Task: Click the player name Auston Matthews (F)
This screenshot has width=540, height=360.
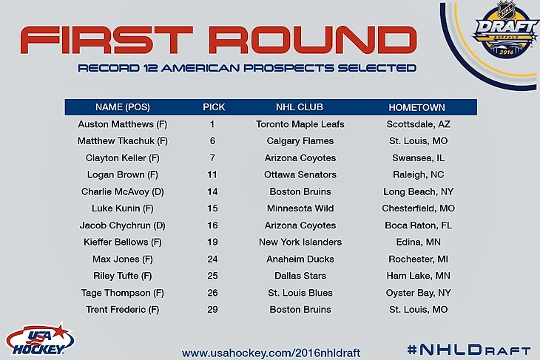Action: point(123,124)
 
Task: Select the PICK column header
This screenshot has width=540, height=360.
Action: point(214,107)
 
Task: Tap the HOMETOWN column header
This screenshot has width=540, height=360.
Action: point(416,107)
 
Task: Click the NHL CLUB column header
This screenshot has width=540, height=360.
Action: point(300,107)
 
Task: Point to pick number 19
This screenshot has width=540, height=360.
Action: point(212,242)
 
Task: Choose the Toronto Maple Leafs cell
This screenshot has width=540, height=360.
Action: point(300,124)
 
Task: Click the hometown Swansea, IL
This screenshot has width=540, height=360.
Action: point(418,158)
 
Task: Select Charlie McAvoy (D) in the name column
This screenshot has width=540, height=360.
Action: point(123,191)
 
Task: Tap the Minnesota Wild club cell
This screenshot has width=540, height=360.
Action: point(300,208)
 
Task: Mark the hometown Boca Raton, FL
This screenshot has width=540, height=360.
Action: point(418,225)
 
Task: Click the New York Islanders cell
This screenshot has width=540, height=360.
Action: point(300,242)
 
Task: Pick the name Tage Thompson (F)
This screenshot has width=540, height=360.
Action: point(123,293)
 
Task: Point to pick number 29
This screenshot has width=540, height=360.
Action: point(212,310)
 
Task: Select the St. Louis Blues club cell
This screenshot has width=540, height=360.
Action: point(300,293)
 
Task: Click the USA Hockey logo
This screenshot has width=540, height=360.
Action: point(39,339)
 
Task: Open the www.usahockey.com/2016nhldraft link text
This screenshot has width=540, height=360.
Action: point(271,353)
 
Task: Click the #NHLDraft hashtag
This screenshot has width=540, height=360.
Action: point(469,350)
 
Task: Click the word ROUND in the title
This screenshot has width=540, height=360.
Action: point(314,40)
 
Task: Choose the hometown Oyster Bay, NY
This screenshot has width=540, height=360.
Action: point(418,293)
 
